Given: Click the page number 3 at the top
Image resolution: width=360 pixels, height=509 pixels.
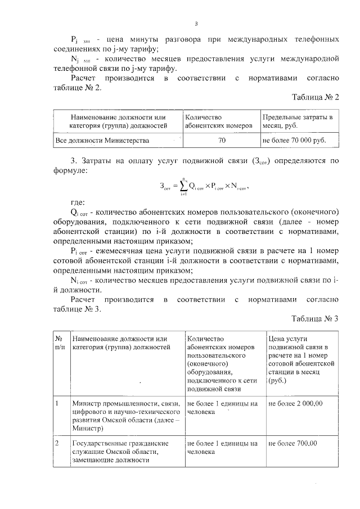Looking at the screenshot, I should pos(196,24).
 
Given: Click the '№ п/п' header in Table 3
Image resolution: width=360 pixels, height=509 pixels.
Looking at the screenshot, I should pos(59,344).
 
